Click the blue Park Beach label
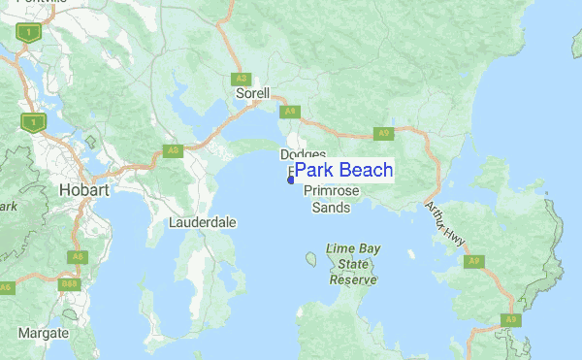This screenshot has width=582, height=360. click(343, 170)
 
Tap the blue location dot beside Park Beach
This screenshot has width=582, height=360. click(290, 179)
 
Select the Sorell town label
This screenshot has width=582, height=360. click(252, 94)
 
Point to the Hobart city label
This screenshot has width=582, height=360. click(88, 189)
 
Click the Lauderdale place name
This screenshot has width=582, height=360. click(203, 222)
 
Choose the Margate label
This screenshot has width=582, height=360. click(44, 333)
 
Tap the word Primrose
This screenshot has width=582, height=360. click(333, 192)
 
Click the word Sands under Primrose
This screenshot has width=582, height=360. click(332, 208)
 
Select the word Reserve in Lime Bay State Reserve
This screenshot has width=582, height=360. click(353, 278)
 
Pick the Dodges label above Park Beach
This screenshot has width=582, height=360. click(303, 154)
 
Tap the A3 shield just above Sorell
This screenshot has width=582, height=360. click(241, 79)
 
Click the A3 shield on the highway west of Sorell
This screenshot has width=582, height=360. click(173, 150)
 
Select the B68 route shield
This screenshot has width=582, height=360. click(68, 284)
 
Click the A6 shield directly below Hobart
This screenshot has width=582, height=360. click(76, 257)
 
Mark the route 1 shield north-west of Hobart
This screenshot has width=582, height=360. click(31, 122)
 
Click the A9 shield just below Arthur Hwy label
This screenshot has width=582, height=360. click(472, 261)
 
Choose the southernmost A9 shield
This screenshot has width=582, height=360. click(510, 319)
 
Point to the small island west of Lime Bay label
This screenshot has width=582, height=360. click(310, 259)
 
